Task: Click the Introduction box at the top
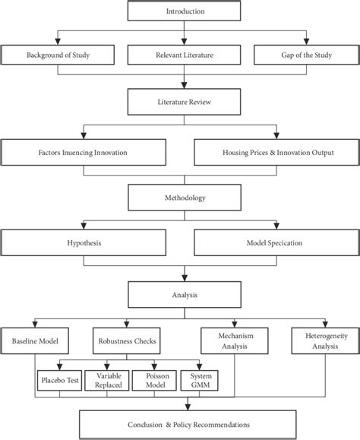pyautogui.click(x=179, y=12)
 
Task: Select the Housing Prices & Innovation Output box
pyautogui.click(x=274, y=153)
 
